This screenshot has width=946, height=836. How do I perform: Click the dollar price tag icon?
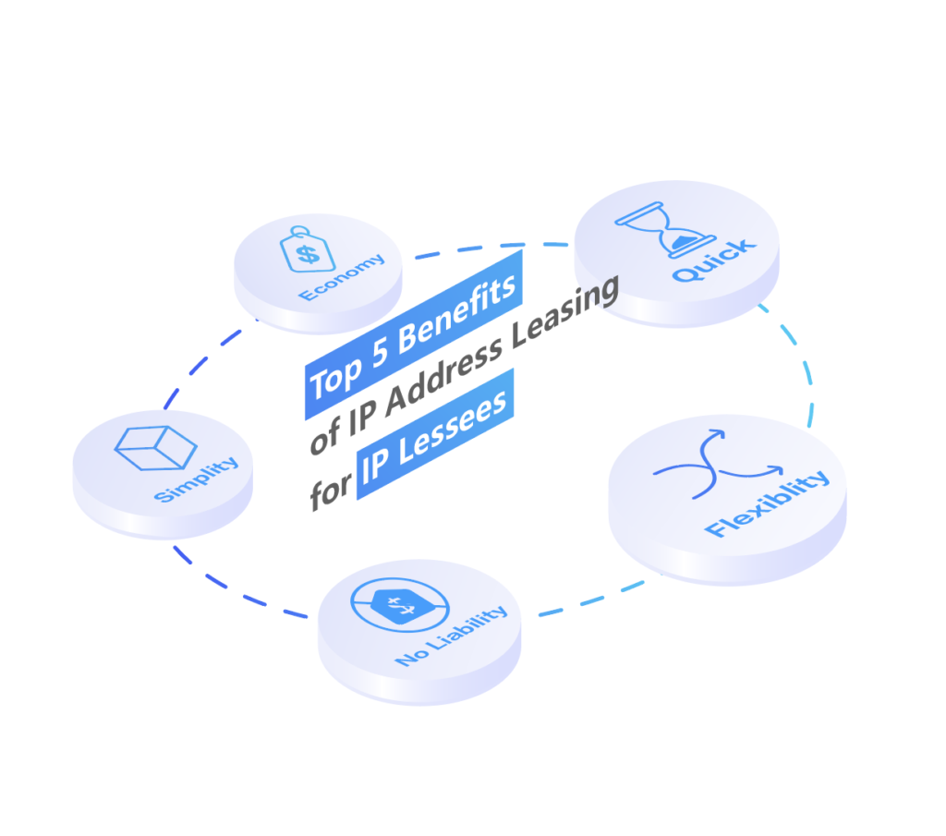coord(307,249)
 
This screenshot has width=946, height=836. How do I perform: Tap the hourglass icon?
coord(665,230)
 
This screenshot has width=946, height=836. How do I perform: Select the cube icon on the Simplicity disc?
coord(155,448)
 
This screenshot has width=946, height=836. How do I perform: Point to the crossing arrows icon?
coord(718,465)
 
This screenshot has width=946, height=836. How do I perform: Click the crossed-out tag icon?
coord(400,605)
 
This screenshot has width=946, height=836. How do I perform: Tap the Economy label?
coord(342,277)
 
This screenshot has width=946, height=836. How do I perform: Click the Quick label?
coord(714,260)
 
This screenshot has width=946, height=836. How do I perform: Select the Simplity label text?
coord(196,479)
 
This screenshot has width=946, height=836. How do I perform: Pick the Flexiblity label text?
coord(767,503)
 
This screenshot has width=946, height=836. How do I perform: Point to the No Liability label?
coord(451,636)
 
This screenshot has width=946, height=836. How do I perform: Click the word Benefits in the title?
coord(457,313)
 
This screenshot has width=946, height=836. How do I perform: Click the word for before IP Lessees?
coord(330,491)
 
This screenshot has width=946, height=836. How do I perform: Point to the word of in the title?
coord(325,435)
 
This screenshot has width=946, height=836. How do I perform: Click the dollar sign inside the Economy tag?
coord(309,254)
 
